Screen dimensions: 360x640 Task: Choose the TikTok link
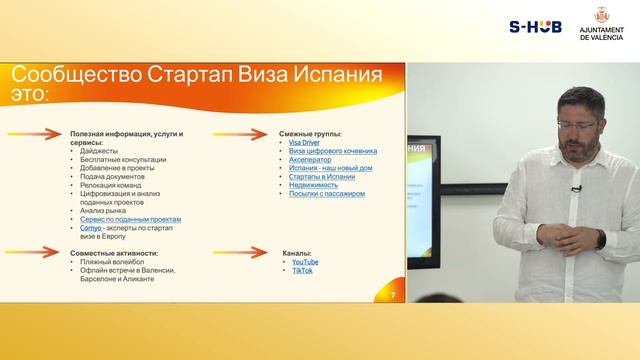point(301,270)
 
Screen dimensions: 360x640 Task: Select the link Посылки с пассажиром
point(324,194)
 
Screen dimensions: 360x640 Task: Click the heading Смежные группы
point(312,133)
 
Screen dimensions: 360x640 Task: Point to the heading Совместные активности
point(114,253)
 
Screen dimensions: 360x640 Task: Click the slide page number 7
point(394,295)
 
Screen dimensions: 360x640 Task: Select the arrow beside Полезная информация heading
point(41,133)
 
